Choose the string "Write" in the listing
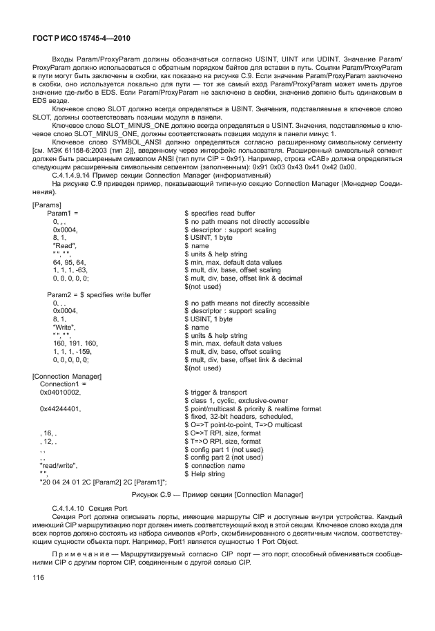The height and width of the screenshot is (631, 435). tap(65, 327)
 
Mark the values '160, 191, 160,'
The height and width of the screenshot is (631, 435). tap(75, 343)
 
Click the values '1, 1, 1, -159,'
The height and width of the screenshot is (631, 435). tap(72, 351)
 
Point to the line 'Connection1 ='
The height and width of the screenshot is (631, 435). tap(64, 384)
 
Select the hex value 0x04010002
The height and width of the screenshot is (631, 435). tap(61, 392)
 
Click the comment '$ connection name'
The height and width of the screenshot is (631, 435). tap(215, 464)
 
